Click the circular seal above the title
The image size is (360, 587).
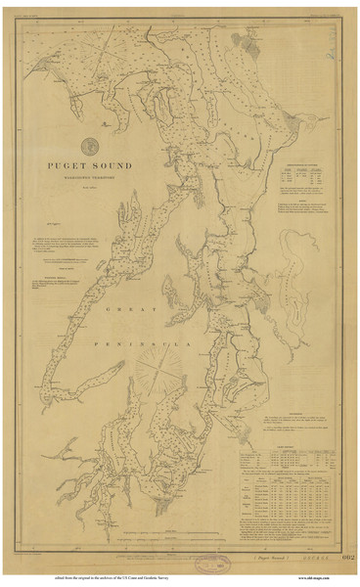click(89, 143)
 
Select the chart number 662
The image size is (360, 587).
click(341, 557)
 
